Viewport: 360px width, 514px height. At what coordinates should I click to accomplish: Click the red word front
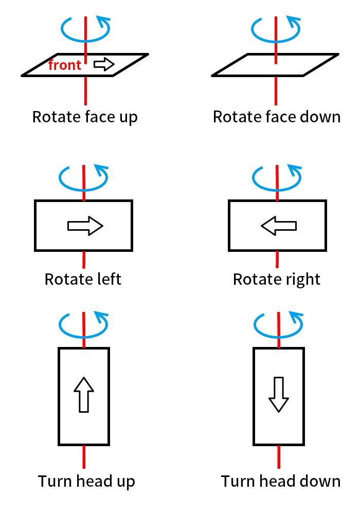(x=65, y=65)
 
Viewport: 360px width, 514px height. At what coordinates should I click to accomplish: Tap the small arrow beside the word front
(x=104, y=64)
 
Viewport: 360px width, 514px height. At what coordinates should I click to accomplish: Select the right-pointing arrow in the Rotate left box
(x=85, y=226)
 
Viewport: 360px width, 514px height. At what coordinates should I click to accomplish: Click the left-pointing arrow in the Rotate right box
(x=279, y=226)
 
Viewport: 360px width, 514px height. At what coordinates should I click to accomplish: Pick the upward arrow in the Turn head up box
(x=84, y=394)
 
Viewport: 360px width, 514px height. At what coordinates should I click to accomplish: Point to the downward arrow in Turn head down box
(x=279, y=394)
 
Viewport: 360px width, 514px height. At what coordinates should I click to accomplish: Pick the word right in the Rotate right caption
(x=303, y=280)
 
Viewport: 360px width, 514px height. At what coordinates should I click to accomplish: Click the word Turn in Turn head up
(x=55, y=481)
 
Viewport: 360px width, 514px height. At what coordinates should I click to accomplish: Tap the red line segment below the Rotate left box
(x=84, y=260)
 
